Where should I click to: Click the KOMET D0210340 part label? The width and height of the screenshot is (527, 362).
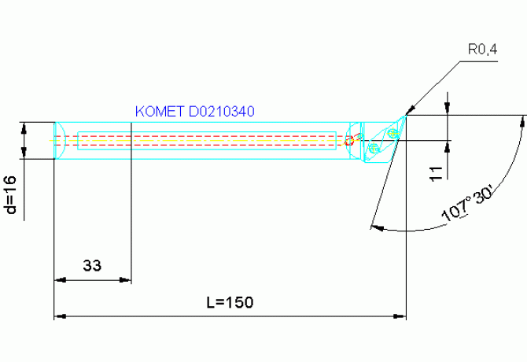pos(194,112)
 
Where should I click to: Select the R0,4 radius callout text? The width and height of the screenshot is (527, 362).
pos(482,50)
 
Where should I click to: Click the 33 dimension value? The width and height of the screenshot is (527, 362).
pos(92,266)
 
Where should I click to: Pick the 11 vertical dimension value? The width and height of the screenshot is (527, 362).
pos(437,173)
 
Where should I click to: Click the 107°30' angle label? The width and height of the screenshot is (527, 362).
pos(466,207)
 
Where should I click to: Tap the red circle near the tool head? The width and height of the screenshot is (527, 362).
pos(349,141)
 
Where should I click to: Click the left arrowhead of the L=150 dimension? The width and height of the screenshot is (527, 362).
pos(58,316)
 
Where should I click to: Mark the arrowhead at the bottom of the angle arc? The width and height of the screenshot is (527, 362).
pos(374,227)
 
